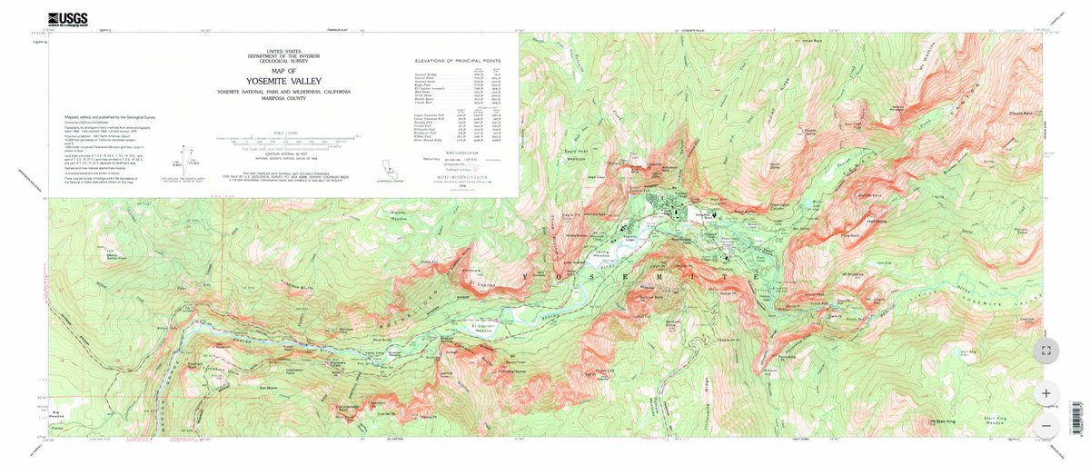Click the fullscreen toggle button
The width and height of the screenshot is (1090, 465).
[x=1046, y=349]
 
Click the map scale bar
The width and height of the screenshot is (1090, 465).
[x=283, y=142]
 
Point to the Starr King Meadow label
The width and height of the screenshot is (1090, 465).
[x=997, y=420]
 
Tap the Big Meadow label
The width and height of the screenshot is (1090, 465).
[x=60, y=412]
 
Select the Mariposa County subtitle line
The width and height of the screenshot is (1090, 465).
[x=283, y=99]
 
